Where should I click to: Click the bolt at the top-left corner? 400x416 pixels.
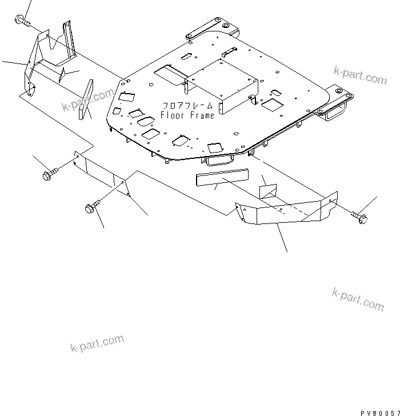pos(22,21)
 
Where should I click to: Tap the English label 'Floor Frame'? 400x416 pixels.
pos(187,115)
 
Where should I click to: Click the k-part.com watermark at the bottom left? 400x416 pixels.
pos(97,345)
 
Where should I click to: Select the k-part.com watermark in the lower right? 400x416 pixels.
pos(358,298)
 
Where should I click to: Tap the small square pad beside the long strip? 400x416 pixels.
pos(269,188)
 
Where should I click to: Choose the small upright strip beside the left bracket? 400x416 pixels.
pos(86,101)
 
